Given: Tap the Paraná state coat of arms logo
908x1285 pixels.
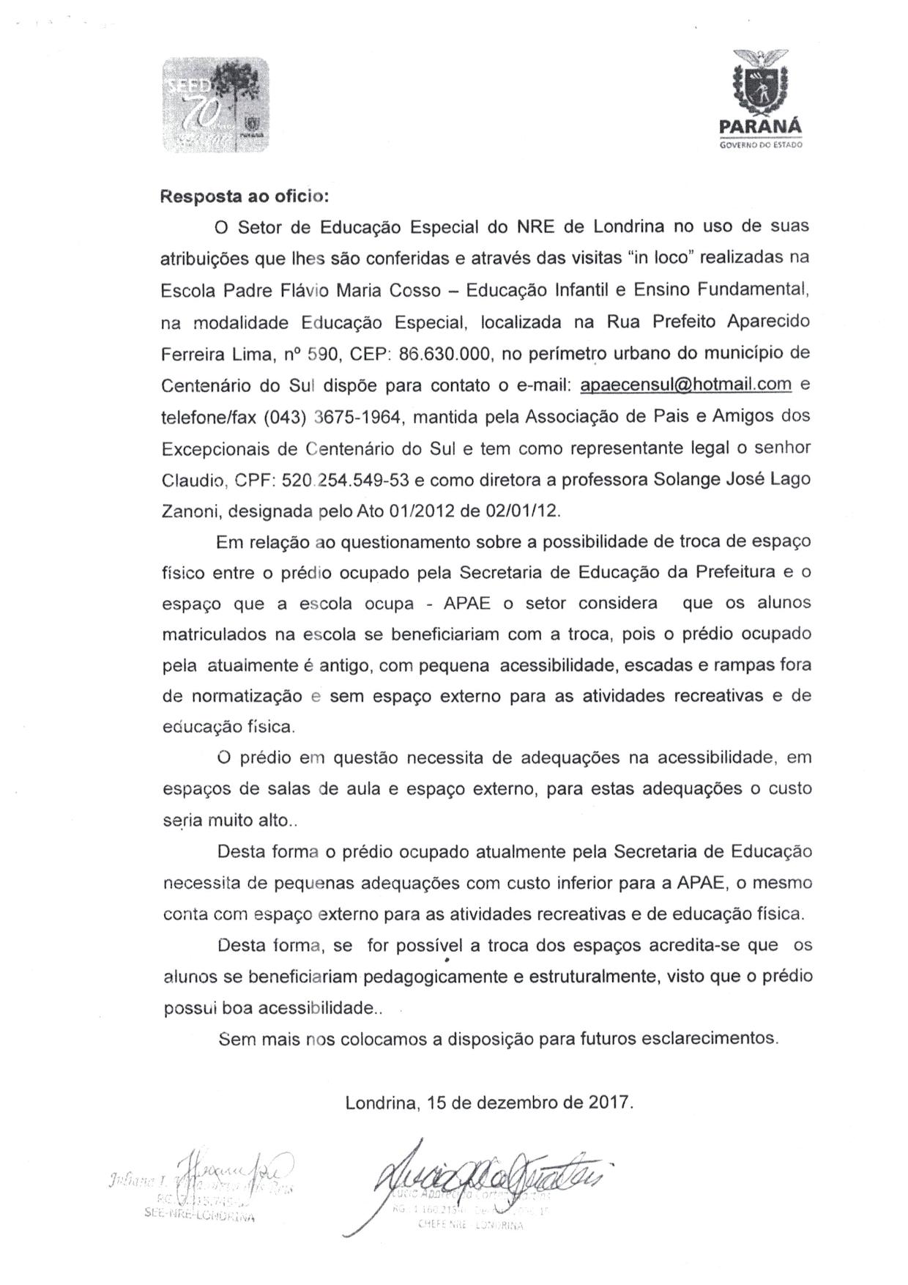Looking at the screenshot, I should (x=761, y=81).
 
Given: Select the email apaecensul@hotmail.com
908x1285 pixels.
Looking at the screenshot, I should (x=685, y=385).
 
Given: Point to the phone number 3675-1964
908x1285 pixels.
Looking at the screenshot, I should (x=357, y=417).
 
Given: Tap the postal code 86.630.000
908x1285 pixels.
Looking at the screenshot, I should (x=444, y=354).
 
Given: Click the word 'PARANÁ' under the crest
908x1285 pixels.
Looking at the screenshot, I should (x=760, y=126).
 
